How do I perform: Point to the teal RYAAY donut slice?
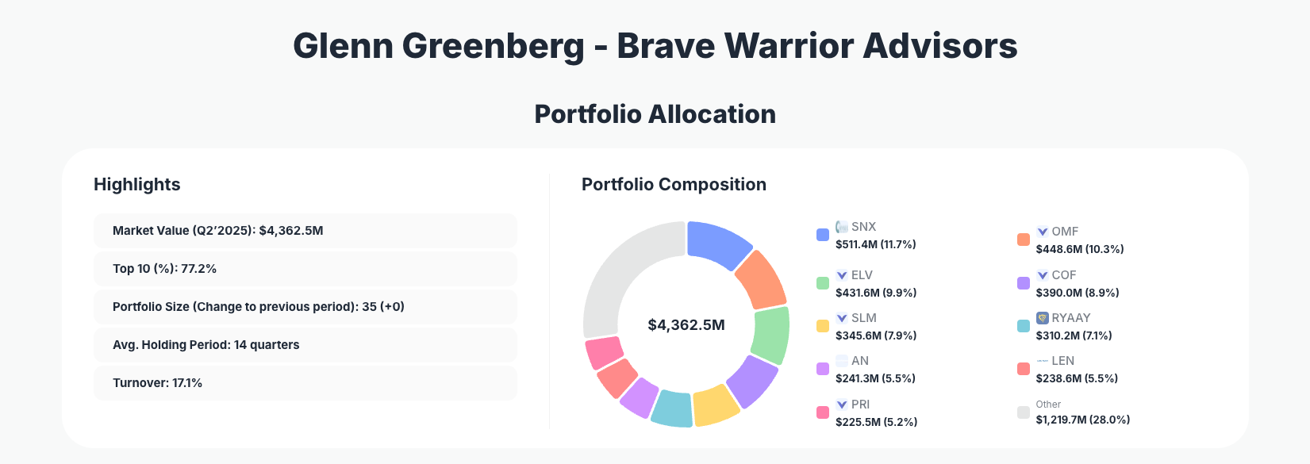click(672, 408)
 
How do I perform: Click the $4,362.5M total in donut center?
click(686, 325)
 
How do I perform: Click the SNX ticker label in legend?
click(863, 227)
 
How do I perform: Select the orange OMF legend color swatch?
click(1024, 240)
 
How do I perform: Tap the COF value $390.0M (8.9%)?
click(1077, 293)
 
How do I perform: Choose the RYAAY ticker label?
click(1070, 318)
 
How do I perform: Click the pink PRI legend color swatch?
click(823, 412)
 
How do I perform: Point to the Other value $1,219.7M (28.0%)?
click(1082, 420)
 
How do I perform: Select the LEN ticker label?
click(1062, 361)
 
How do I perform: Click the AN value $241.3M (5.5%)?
click(875, 378)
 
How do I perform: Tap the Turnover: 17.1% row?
click(305, 383)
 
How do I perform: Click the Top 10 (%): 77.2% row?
click(305, 269)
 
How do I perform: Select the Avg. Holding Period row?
click(305, 345)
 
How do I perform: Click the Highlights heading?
click(137, 185)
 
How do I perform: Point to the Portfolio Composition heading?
click(674, 185)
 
